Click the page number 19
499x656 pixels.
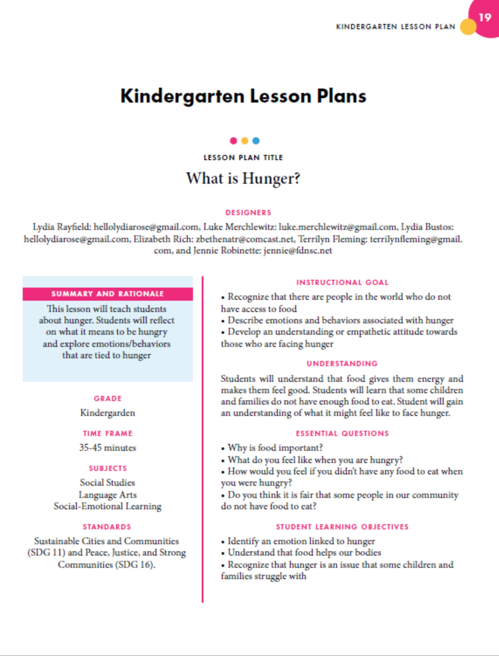click(x=485, y=18)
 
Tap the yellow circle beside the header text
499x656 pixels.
click(x=468, y=27)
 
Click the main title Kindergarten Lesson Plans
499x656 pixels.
click(x=243, y=96)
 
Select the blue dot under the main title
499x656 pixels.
click(x=256, y=141)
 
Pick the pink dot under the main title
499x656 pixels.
click(x=234, y=141)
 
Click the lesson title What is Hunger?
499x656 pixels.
click(x=243, y=178)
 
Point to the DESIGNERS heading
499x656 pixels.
click(x=248, y=213)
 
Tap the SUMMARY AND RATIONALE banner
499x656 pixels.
click(x=108, y=294)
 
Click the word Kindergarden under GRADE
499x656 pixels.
click(x=108, y=413)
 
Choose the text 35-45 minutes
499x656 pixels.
click(x=108, y=448)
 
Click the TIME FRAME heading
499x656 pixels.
click(x=108, y=433)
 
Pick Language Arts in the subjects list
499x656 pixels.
click(x=108, y=495)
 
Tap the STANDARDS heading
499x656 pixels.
click(x=107, y=527)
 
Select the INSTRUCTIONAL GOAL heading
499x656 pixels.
click(x=342, y=282)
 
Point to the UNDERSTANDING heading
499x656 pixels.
click(x=342, y=363)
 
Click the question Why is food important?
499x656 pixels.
click(x=275, y=448)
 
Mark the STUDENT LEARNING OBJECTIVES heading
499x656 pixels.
click(x=342, y=527)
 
